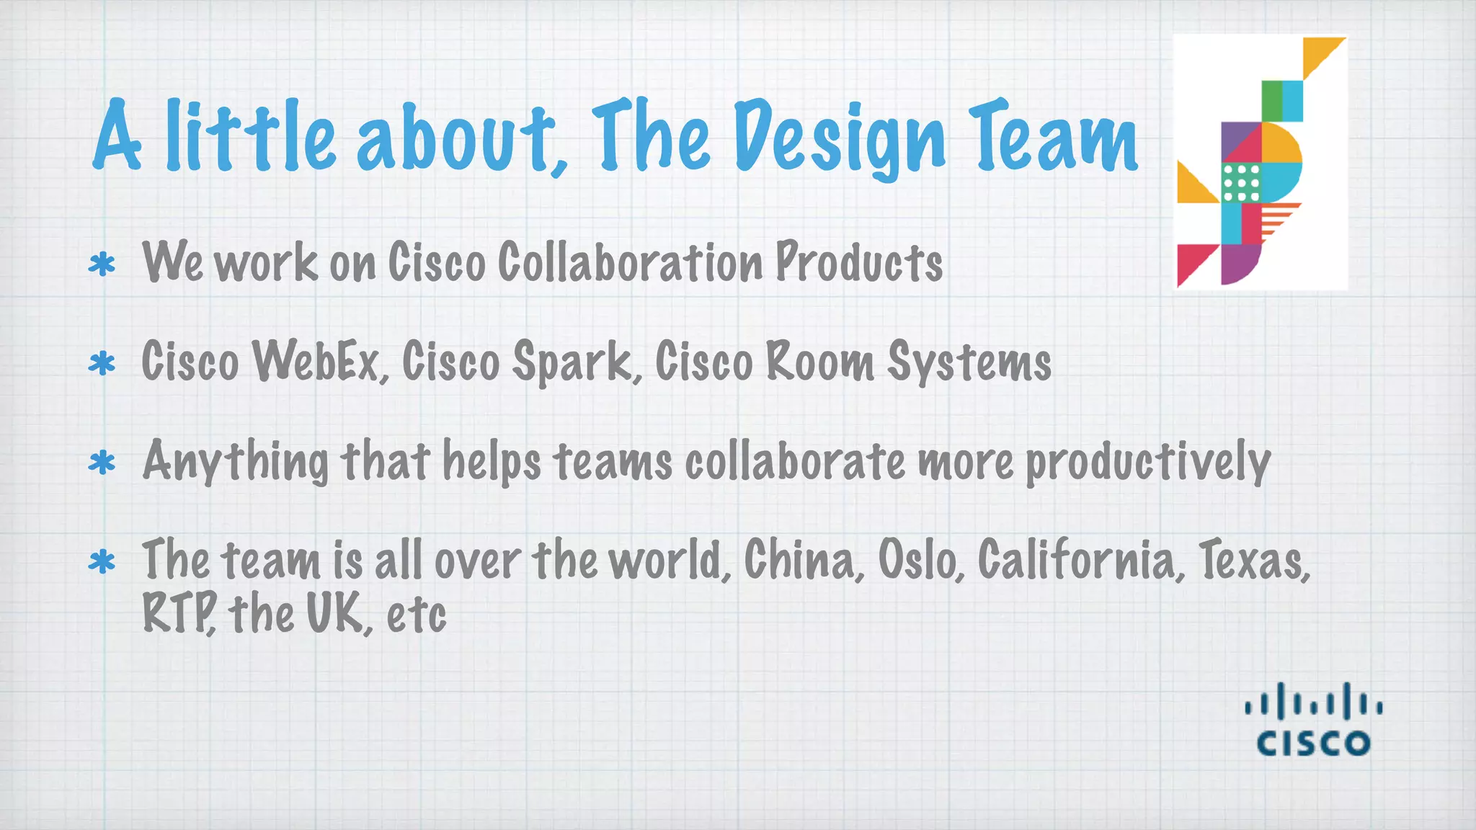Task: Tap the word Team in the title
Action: pos(1053,137)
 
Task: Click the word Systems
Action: pos(969,361)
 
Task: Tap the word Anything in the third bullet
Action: pos(235,461)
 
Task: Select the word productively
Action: pos(1148,461)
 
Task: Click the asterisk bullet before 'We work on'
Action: pos(102,264)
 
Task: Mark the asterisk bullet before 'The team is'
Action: pos(102,562)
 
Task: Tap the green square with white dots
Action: pos(1241,182)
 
